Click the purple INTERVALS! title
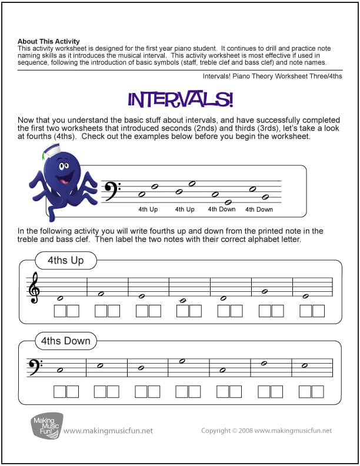coord(180,99)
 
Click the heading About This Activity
coord(45,41)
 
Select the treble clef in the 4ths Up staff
coord(34,288)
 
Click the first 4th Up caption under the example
coord(148,209)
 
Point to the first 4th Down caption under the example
coord(222,209)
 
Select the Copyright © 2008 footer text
coord(266,431)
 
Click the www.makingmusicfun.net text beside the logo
coord(108,431)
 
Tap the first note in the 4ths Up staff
coord(59,297)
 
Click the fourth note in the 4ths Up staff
coord(182,300)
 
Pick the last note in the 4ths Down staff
coord(305,365)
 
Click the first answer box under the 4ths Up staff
coord(60,311)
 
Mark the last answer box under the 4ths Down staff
coord(317,391)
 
